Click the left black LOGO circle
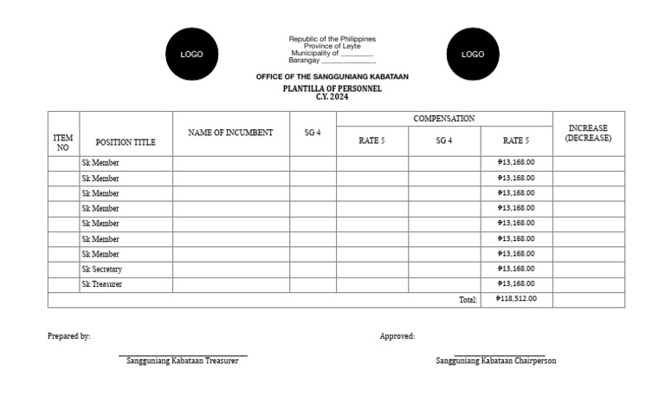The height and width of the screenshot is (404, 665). point(191,54)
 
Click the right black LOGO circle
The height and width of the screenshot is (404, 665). point(473,54)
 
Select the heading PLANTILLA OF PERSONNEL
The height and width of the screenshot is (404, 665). point(332,88)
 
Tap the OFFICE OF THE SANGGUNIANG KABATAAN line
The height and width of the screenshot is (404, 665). point(332,77)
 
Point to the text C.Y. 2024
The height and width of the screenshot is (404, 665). point(332,97)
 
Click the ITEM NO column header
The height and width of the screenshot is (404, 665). point(63,142)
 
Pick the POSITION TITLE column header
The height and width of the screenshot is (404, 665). point(126,142)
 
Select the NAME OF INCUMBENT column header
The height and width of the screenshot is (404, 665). point(230,133)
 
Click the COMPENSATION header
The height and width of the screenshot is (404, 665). point(444,118)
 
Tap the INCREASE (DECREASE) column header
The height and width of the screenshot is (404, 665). point(588,133)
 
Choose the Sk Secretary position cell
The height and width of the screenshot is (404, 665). point(102,269)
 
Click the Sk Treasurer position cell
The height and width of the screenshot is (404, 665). point(102,283)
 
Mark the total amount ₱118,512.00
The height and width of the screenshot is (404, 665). point(516,299)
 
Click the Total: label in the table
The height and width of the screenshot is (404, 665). point(468,300)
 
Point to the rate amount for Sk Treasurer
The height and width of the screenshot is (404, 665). point(516,283)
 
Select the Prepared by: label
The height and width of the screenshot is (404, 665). point(69,336)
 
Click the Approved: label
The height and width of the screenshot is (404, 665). point(397,336)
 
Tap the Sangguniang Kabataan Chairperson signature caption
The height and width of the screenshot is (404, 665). point(496,361)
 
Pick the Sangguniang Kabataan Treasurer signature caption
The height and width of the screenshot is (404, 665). point(182,361)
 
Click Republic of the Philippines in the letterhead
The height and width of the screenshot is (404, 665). point(332,39)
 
